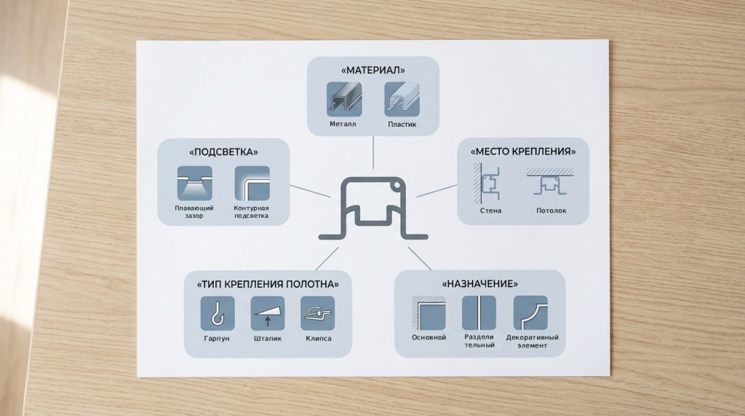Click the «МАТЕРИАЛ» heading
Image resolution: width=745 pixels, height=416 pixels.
point(372,71)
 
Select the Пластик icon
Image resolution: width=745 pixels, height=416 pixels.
point(401,99)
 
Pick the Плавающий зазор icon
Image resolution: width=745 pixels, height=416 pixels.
point(194,184)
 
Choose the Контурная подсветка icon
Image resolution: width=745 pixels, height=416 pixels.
point(252,184)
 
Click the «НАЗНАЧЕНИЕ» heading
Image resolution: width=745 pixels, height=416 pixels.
point(479,283)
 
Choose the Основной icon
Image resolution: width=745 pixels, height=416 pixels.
point(429,313)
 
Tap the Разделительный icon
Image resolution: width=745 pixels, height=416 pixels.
point(479,313)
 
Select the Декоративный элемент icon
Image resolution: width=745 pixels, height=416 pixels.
point(530,313)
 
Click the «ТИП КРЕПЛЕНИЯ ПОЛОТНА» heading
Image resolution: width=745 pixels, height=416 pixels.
point(268,283)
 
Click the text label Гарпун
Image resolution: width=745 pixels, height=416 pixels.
point(218,339)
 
